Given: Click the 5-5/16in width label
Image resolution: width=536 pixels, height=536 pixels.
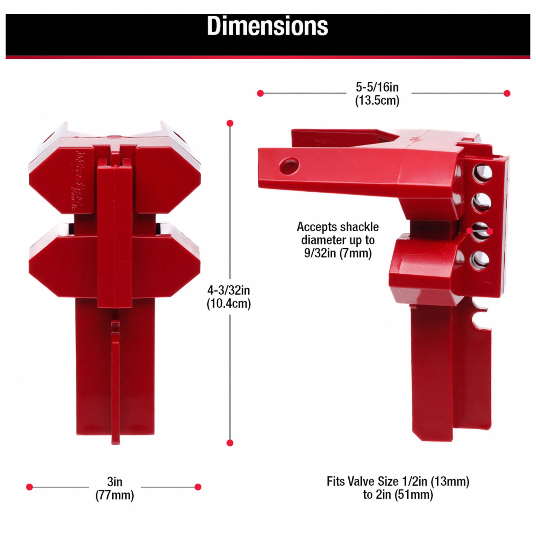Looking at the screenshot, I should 377,87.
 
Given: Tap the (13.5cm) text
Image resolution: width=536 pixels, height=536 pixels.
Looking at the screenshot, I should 377,100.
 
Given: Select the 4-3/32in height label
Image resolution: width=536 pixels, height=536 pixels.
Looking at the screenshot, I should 229,291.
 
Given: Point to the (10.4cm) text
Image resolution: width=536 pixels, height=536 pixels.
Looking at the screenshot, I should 229,304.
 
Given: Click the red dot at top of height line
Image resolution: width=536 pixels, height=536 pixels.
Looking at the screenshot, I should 230,123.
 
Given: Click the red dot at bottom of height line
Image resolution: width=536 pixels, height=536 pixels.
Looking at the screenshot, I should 230,451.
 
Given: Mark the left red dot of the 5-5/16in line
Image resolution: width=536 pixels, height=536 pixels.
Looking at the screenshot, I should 260,94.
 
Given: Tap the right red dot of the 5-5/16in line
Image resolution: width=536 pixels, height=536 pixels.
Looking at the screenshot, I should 507,93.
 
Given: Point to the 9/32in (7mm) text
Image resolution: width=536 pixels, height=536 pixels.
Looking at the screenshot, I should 338,254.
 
